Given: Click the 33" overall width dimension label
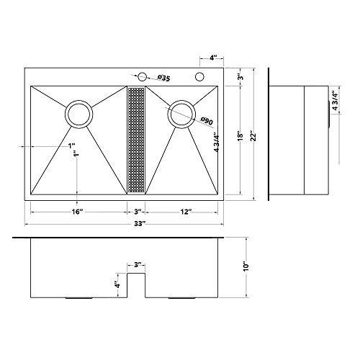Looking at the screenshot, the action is tap(140, 224).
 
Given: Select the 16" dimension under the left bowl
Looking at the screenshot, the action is tap(77, 212).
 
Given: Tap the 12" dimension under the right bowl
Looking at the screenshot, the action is tap(186, 212).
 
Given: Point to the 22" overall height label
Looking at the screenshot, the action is tap(253, 137).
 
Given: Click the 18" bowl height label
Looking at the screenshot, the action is tap(240, 136).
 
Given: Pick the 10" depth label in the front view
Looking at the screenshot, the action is tap(246, 266).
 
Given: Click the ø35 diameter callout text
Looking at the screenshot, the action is tap(164, 78).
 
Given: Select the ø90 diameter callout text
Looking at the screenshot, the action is tap(207, 121).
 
